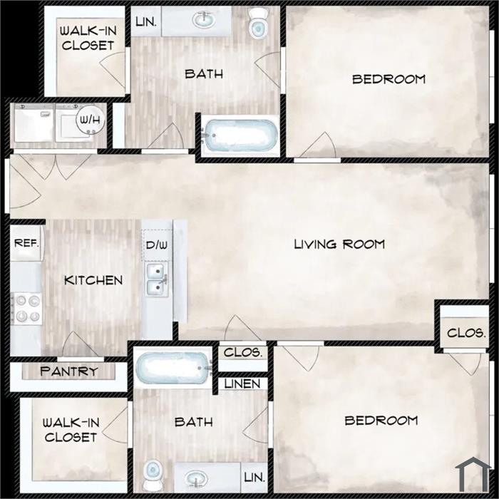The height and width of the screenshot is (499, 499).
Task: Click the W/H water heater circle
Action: click(x=91, y=120)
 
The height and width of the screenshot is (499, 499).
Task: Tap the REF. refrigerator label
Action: click(x=27, y=244)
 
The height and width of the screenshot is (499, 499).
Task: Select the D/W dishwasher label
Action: click(x=157, y=245)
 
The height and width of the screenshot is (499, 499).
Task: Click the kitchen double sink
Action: click(x=158, y=279)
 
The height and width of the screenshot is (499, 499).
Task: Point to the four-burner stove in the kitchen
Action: click(x=26, y=309)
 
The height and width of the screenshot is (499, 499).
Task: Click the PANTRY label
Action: click(x=68, y=371)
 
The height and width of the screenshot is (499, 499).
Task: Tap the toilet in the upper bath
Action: click(x=258, y=23)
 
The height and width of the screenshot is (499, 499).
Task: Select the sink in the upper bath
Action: click(x=203, y=20)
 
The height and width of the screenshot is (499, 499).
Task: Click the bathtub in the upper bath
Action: click(x=240, y=135)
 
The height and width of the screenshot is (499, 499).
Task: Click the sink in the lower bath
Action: click(x=196, y=478)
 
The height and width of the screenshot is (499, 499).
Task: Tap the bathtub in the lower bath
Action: click(x=174, y=368)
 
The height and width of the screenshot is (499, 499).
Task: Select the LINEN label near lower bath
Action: click(x=242, y=384)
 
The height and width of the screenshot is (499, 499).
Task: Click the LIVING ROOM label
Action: click(x=339, y=245)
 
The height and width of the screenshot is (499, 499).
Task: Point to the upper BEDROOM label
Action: click(x=389, y=79)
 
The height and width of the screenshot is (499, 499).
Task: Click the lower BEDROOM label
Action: click(x=381, y=421)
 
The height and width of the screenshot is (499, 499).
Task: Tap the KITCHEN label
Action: click(x=93, y=280)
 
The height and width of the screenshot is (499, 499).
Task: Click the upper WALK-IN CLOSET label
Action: click(x=88, y=38)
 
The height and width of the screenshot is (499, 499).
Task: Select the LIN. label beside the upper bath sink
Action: click(x=145, y=22)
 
